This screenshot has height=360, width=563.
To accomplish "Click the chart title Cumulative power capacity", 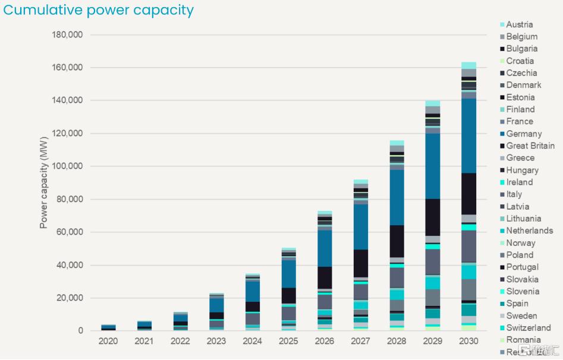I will point(99,10).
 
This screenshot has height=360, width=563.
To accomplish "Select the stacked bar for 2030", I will point(469,196).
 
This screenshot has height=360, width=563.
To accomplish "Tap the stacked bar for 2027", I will point(361,255).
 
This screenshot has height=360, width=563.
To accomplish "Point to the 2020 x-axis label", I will point(108,341).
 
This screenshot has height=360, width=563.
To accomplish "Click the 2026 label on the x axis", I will point(325,341).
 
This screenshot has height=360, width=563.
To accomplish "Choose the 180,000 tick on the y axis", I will point(67,35).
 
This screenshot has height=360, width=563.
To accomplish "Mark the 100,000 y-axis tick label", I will point(67,166).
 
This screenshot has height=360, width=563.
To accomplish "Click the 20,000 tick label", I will point(70,298).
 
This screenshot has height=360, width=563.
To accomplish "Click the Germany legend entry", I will point(524,134).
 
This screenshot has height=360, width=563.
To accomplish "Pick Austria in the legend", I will point(520,24).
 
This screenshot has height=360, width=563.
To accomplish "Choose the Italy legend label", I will point(514,194).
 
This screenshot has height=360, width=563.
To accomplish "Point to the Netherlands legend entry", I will point(530,230).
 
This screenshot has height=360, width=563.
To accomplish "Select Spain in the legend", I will point(517,304).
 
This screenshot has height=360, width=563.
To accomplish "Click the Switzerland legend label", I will point(529,328).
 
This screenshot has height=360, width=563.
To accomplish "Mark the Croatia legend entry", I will point(520,61).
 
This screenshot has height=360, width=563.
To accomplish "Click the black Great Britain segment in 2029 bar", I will point(433,217).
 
